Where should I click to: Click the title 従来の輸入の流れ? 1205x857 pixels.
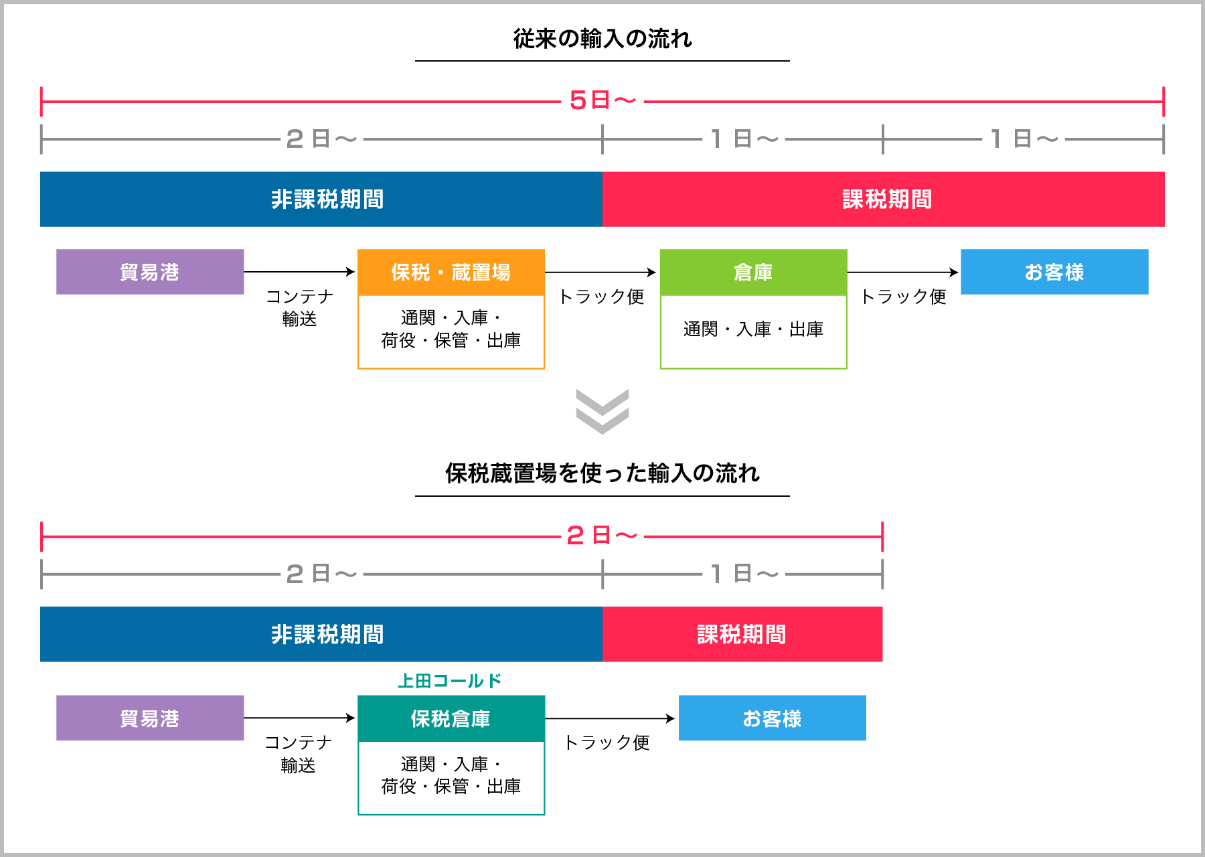coord(602,39)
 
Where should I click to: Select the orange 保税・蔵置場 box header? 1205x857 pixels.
coord(451,272)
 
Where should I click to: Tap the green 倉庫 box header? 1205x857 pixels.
coord(753,272)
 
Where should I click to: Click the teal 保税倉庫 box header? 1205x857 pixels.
coord(451,718)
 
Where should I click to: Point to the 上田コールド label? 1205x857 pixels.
coord(450,681)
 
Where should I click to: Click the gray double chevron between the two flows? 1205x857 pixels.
coord(602,411)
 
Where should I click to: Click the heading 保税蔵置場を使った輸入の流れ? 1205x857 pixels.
coord(602,473)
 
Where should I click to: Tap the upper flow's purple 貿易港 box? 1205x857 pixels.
coord(150,272)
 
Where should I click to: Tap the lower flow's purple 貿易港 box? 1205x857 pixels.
coord(150,718)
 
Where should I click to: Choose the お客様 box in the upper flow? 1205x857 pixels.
coord(1054,272)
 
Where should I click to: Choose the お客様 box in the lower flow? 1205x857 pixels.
coord(772,718)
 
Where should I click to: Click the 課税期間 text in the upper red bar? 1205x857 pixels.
coord(887,200)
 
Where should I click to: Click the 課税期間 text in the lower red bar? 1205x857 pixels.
coord(742,635)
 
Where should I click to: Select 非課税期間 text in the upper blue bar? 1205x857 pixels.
coord(327,200)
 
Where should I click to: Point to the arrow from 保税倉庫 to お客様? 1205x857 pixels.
coord(611,718)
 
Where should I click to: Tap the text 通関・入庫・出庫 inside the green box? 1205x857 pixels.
coord(753,329)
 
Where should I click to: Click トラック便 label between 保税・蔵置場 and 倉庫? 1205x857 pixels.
coord(601,297)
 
